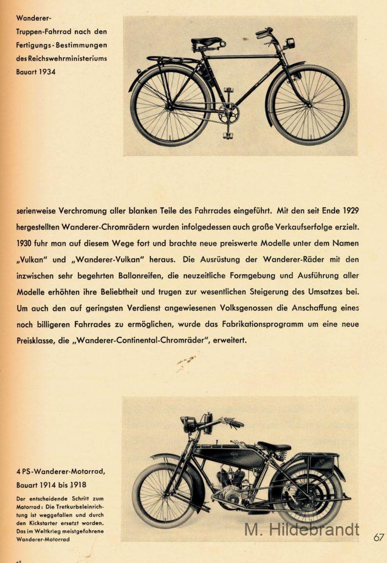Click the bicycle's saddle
click(207, 41)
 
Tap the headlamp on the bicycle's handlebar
click(289, 43)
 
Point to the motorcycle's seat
click(273, 446)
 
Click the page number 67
click(378, 537)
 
